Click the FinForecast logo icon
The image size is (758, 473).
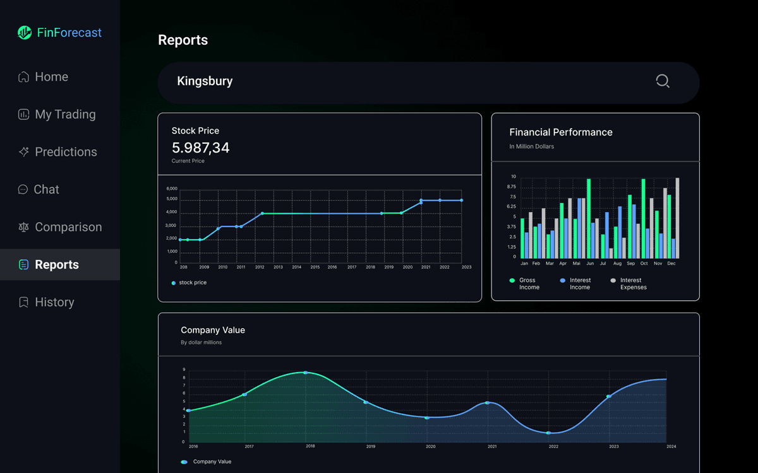pyautogui.click(x=25, y=33)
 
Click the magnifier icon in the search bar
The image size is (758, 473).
pyautogui.click(x=662, y=81)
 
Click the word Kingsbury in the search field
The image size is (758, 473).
pyautogui.click(x=205, y=81)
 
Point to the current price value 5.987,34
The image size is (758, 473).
pyautogui.click(x=200, y=148)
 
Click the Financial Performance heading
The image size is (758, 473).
pyautogui.click(x=560, y=132)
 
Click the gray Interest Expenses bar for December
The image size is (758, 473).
pyautogui.click(x=678, y=218)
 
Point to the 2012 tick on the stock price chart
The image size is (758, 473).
pyautogui.click(x=260, y=267)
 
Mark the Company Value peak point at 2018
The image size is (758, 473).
pyautogui.click(x=306, y=373)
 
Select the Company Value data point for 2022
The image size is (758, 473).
pyautogui.click(x=548, y=433)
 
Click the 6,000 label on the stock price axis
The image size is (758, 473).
pyautogui.click(x=172, y=189)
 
